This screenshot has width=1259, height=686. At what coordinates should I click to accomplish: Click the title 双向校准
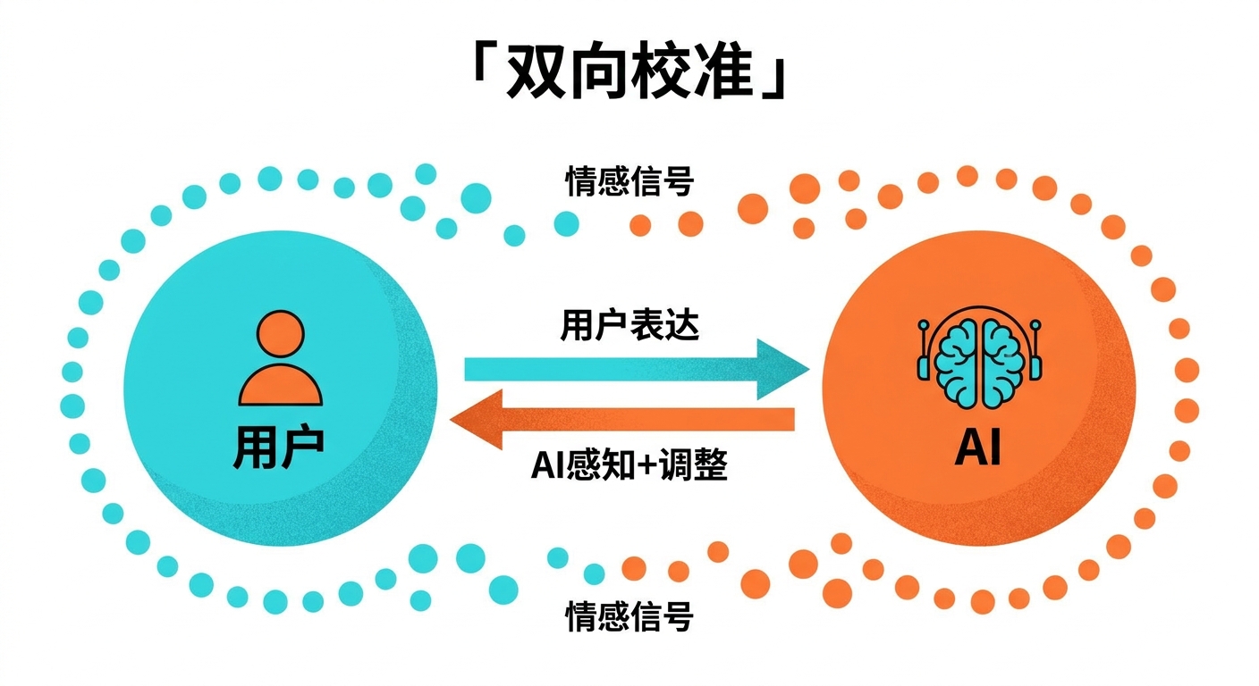[629, 70]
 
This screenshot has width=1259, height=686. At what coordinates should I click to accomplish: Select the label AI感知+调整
[629, 464]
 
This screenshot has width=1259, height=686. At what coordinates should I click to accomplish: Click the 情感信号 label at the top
[629, 182]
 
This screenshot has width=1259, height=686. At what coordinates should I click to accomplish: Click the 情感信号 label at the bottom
[629, 616]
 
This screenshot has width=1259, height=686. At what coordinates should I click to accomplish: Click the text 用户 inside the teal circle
[278, 448]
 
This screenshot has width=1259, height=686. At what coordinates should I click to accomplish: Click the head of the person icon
[279, 333]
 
